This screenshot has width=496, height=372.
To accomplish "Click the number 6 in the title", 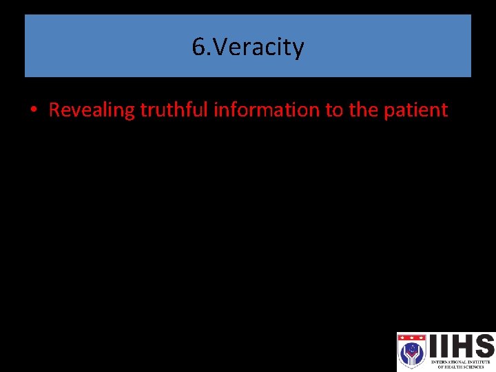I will point(198,48).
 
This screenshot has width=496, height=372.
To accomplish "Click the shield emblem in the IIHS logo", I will point(412,352).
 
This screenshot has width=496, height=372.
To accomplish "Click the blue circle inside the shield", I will point(412,353).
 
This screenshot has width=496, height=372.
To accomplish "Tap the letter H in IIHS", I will point(460,346).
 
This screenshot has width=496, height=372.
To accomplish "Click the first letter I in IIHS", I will point(434,346).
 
